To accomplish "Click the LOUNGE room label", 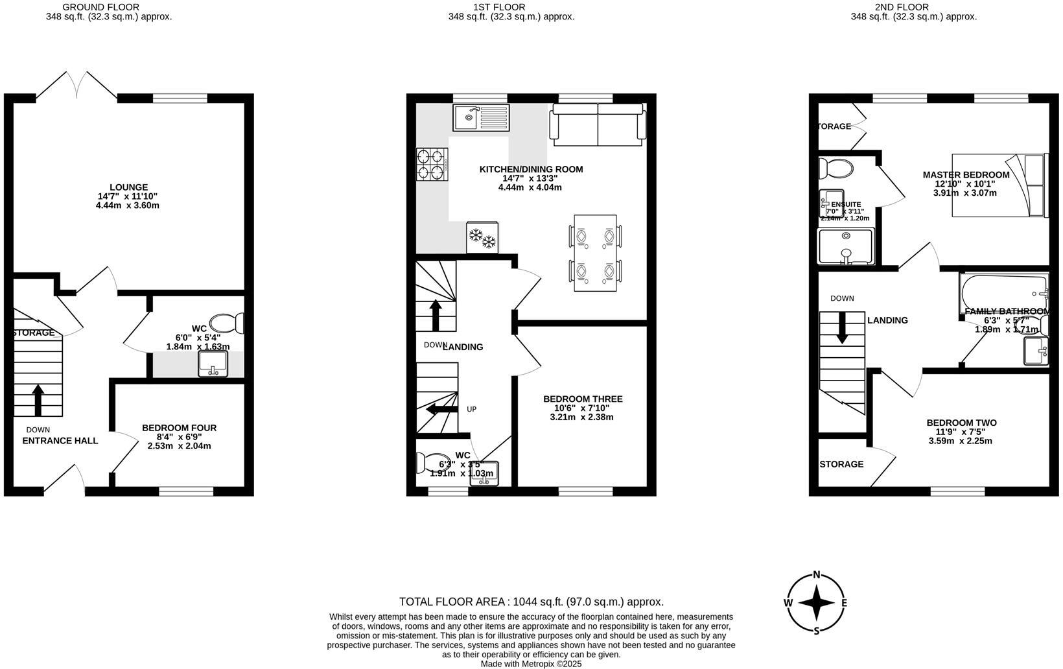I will pyautogui.click(x=128, y=187).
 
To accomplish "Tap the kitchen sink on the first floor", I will pyautogui.click(x=482, y=117).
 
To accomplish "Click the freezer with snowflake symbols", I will pyautogui.click(x=482, y=237).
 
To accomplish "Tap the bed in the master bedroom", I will pyautogui.click(x=999, y=185).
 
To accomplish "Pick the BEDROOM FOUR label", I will pyautogui.click(x=179, y=428).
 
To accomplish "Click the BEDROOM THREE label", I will pyautogui.click(x=583, y=399).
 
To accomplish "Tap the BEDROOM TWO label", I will pyautogui.click(x=961, y=423).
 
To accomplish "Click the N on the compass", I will pyautogui.click(x=817, y=574).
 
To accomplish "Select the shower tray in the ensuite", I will pyautogui.click(x=846, y=246).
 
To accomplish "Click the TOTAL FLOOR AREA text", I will pyautogui.click(x=531, y=602).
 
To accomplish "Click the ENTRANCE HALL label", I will pyautogui.click(x=60, y=441).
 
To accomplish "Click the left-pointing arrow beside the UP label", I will pyautogui.click(x=441, y=409).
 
